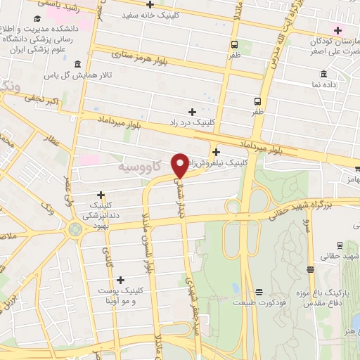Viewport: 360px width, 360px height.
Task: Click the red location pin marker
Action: click(x=180, y=165)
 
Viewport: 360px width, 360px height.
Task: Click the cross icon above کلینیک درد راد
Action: click(x=192, y=111)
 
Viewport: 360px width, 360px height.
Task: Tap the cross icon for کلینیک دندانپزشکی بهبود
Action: click(x=101, y=195)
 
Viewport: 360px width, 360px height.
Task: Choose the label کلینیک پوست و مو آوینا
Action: click(x=119, y=295)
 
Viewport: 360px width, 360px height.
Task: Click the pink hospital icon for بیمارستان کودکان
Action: click(x=338, y=30)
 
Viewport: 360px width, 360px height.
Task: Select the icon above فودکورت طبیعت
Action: click(x=259, y=291)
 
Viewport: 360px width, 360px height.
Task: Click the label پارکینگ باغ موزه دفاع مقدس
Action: click(x=334, y=296)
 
